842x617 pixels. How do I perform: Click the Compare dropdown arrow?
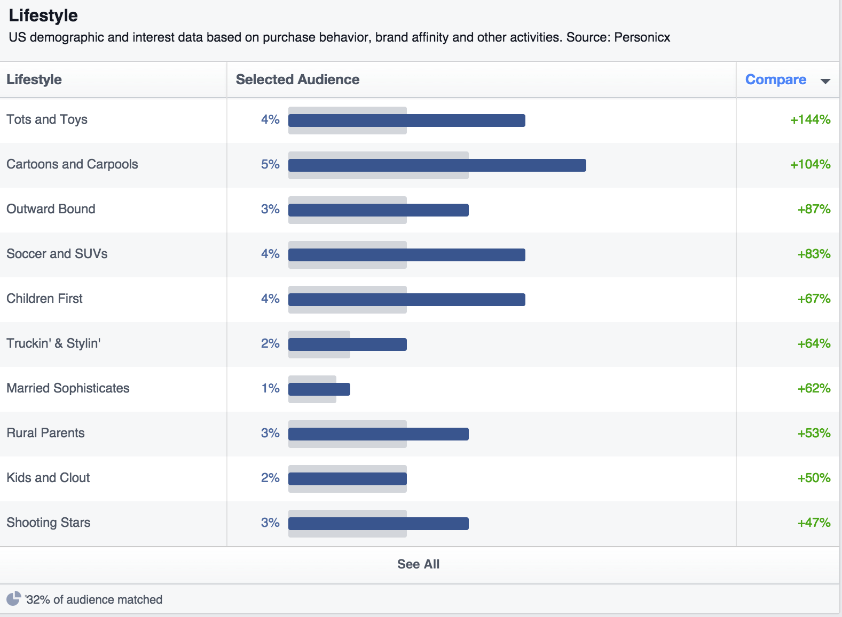coord(825,81)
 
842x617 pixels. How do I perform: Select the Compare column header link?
coord(775,79)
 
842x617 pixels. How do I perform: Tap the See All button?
coord(418,564)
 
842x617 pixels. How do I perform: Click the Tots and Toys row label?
coord(47,119)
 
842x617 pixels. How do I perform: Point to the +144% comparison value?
coord(810,119)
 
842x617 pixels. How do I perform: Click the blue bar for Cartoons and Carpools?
coord(437,165)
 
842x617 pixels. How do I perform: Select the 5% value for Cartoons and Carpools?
coord(270,164)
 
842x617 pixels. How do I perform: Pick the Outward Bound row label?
coord(51,209)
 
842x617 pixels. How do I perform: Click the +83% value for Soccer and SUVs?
coord(814,254)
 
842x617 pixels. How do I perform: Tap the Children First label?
coord(44,299)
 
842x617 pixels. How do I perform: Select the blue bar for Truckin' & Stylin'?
coord(347,344)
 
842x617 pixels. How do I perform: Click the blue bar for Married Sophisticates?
coord(319,389)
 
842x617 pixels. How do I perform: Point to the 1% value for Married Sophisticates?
coord(270,388)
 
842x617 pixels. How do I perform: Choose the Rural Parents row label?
coord(45,433)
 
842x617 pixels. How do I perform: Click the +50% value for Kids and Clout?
coord(814,478)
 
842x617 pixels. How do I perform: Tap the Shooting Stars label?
coord(48,523)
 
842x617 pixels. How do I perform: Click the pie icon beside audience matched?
coord(13,599)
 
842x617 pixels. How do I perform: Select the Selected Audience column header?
coord(297,79)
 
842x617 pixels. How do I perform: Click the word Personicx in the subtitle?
coord(642,37)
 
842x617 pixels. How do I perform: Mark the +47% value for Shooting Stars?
coord(814,523)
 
